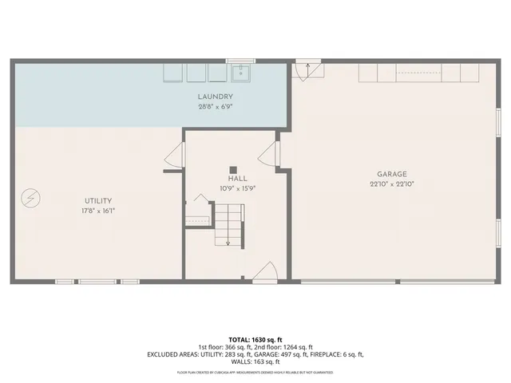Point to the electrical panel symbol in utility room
click(30, 197)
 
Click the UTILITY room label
click(98, 200)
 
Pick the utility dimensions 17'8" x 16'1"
click(98, 210)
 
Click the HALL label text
click(238, 179)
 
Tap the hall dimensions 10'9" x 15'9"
click(238, 188)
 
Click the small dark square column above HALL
click(233, 169)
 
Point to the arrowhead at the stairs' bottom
click(228, 243)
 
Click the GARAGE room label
click(392, 174)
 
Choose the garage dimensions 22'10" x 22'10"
click(392, 184)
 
